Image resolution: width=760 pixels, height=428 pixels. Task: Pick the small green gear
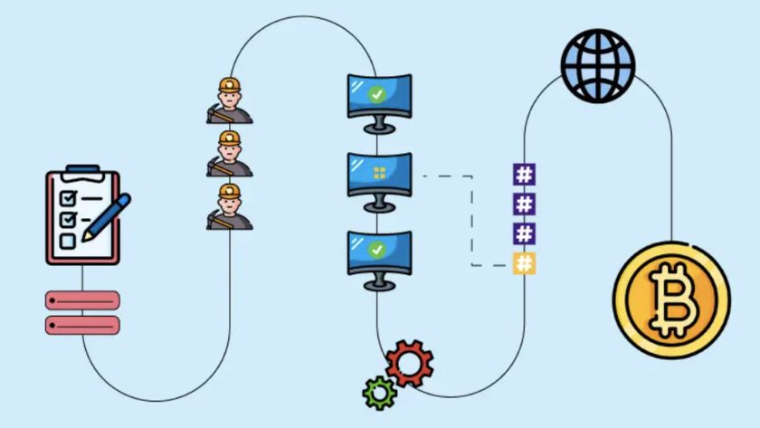378,392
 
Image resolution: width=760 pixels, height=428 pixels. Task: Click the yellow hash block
524,263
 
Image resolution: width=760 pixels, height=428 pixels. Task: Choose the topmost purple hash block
524,174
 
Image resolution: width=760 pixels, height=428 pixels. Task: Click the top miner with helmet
229,100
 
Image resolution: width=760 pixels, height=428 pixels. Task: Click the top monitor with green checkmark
379,95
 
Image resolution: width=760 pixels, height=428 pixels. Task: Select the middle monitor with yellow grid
379,175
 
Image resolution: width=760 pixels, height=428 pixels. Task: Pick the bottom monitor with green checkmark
379,252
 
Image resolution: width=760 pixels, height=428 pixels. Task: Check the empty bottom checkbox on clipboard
67,240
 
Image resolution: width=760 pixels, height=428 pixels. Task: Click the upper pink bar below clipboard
82,300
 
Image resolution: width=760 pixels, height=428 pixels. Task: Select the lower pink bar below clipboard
82,325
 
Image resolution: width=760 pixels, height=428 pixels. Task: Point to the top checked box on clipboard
67,197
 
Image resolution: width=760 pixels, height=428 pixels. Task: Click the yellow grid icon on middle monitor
380,172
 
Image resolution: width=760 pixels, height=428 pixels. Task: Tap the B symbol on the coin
672,297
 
